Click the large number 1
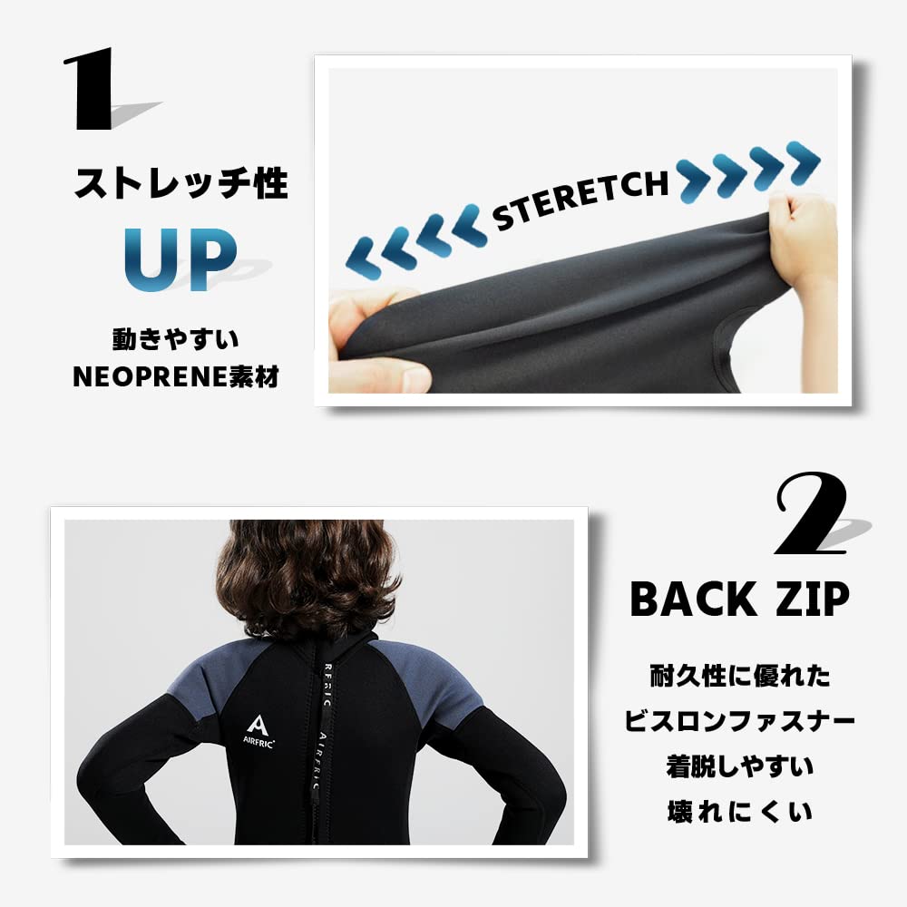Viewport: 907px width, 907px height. pyautogui.click(x=91, y=88)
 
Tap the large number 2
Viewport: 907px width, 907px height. pyautogui.click(x=810, y=514)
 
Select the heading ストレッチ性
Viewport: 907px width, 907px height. pyautogui.click(x=180, y=184)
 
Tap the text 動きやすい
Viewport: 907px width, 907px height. pyautogui.click(x=175, y=340)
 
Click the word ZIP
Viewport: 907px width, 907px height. pyautogui.click(x=807, y=599)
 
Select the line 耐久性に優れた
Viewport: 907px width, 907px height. pyautogui.click(x=740, y=677)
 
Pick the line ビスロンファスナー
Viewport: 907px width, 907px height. pyautogui.click(x=740, y=722)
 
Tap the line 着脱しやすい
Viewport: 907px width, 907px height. pyautogui.click(x=740, y=766)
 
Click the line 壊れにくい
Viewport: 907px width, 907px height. pyautogui.click(x=740, y=811)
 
